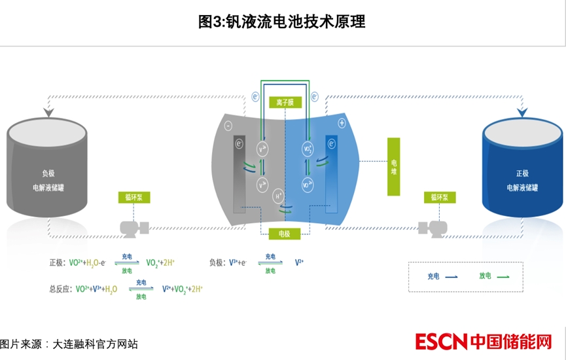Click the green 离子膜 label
pos(283,103)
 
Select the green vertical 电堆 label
pos(393,166)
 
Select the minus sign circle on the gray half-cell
pos(228,124)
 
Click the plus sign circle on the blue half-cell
pos(342,123)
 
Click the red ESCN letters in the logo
pos(441,342)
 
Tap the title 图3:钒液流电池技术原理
pos(282,22)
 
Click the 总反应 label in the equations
pos(61,289)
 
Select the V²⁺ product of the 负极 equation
pos(299,262)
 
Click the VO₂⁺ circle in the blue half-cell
pos(308,150)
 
